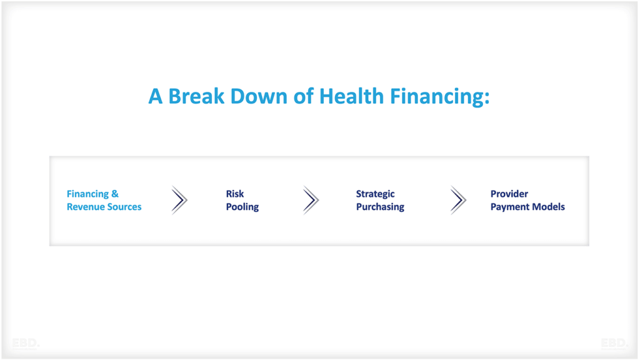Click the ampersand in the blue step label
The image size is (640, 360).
[x=114, y=194]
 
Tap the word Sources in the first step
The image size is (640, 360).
[x=124, y=207]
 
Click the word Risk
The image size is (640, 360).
[x=235, y=194]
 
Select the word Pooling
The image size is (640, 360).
[x=242, y=207]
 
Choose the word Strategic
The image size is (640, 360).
[x=376, y=194]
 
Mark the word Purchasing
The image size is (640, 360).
[x=380, y=207]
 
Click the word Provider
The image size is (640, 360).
[x=509, y=194]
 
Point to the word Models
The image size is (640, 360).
[x=547, y=207]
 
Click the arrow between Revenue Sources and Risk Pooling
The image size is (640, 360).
[x=179, y=200]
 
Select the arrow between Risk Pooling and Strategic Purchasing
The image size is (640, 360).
[x=311, y=200]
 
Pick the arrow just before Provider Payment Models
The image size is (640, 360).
[x=458, y=200]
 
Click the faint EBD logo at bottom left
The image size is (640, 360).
[x=25, y=343]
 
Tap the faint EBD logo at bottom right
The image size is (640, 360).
[x=614, y=343]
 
